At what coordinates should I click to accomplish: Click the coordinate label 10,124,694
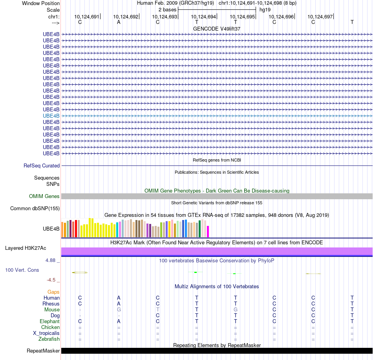pyautogui.click(x=203, y=16)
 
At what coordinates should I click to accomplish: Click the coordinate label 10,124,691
pyautogui.click(x=87, y=16)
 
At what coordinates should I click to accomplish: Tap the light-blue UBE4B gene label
pyautogui.click(x=51, y=116)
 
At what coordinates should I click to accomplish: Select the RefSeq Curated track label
pyautogui.click(x=42, y=166)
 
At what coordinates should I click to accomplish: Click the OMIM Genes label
pyautogui.click(x=44, y=196)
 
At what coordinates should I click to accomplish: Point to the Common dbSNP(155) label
pyautogui.click(x=35, y=209)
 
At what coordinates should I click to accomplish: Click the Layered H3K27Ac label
pyautogui.click(x=26, y=248)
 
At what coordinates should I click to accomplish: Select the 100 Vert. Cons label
pyautogui.click(x=22, y=270)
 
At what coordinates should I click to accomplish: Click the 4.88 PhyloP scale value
pyautogui.click(x=51, y=260)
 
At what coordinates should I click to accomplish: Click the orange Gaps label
pyautogui.click(x=53, y=292)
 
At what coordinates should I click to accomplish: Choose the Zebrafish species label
pyautogui.click(x=49, y=339)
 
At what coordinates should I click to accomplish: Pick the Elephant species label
pyautogui.click(x=49, y=322)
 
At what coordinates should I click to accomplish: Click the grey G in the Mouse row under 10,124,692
pyautogui.click(x=119, y=310)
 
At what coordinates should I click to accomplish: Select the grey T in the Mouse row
pyautogui.click(x=157, y=310)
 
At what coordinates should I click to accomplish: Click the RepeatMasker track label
pyautogui.click(x=43, y=351)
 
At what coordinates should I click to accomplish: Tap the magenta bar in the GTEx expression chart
pyautogui.click(x=208, y=231)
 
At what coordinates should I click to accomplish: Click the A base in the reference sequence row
pyautogui.click(x=119, y=22)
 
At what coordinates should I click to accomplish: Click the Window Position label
pyautogui.click(x=41, y=3)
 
